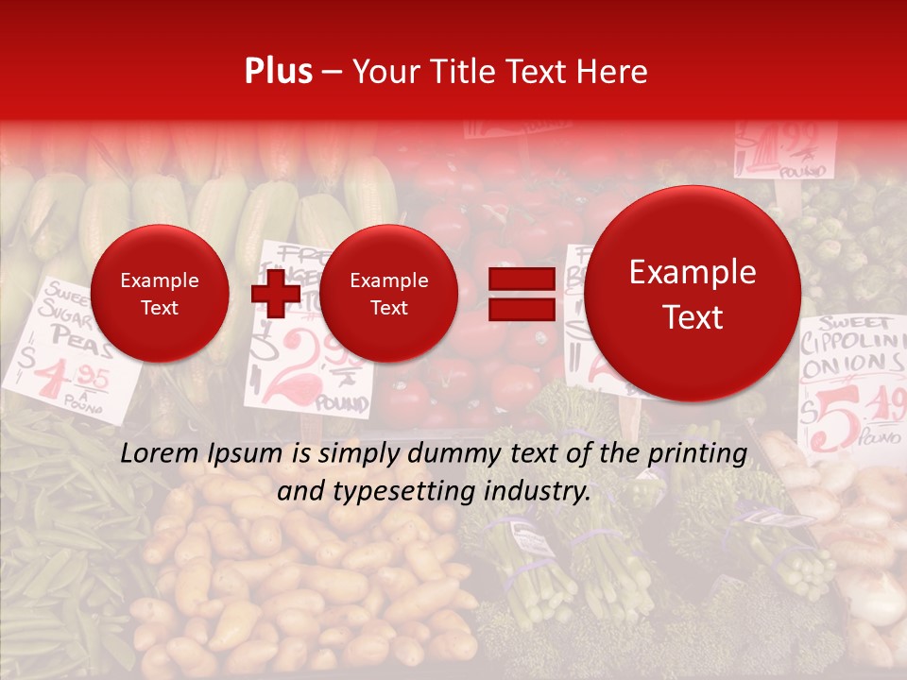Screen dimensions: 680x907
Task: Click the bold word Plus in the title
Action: (x=278, y=72)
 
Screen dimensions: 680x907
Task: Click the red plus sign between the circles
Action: (x=276, y=294)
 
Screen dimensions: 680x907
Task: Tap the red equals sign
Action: (x=521, y=294)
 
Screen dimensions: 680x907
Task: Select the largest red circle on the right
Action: (x=693, y=294)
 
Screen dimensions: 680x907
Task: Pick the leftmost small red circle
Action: (x=160, y=294)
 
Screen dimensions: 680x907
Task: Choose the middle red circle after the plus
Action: (x=388, y=294)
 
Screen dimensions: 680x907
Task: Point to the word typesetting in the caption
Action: (x=413, y=491)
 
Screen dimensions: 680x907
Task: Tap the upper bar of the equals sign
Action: (x=521, y=279)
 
